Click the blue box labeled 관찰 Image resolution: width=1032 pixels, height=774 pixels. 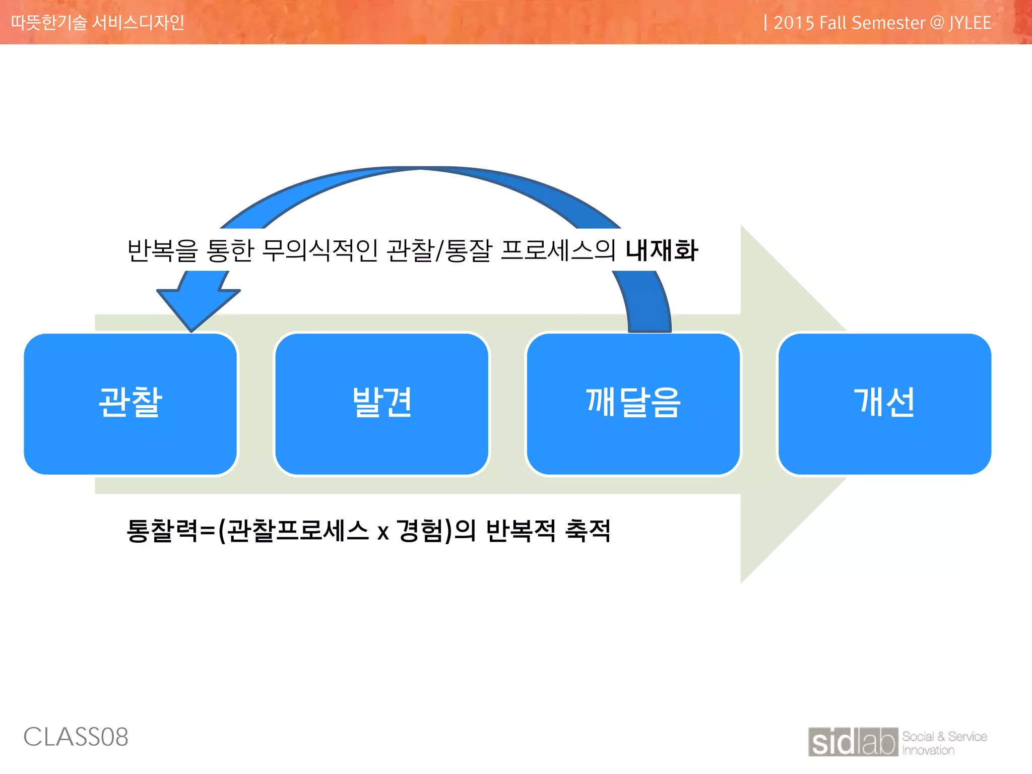click(130, 403)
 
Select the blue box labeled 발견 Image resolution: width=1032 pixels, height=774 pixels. click(381, 403)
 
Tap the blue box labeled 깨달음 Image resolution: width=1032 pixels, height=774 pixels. click(633, 403)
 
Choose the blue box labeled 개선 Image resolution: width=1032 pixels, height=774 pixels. click(884, 403)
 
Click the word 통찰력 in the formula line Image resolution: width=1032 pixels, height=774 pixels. click(162, 531)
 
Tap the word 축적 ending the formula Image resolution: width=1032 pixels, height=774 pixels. click(588, 531)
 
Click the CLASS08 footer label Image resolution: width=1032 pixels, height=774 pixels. click(76, 737)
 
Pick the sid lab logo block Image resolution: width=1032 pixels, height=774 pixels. click(853, 742)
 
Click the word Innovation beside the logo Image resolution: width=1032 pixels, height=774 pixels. click(928, 750)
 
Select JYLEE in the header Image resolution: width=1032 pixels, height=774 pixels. click(970, 23)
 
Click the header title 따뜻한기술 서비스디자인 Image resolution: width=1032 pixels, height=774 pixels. click(98, 23)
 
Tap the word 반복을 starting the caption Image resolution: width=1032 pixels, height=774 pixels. click(162, 250)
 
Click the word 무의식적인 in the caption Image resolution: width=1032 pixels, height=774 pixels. click(319, 250)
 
